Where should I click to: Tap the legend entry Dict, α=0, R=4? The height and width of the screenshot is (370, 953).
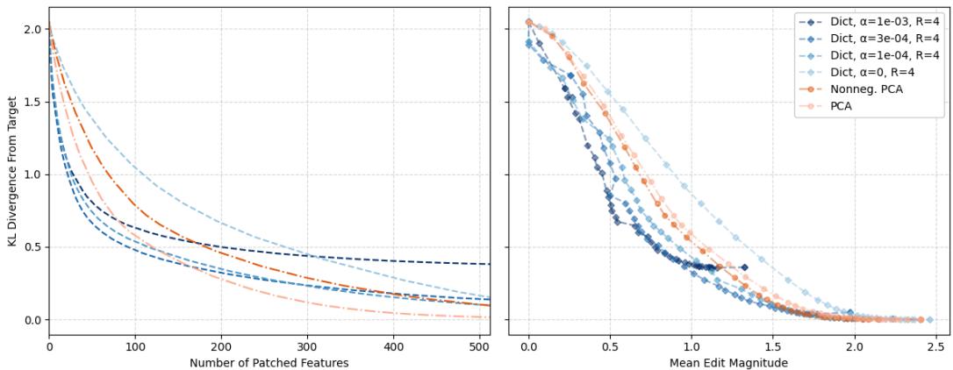click(x=878, y=72)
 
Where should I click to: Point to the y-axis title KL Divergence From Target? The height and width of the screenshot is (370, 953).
click(x=11, y=171)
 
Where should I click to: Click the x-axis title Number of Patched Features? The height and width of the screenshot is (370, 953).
click(x=269, y=363)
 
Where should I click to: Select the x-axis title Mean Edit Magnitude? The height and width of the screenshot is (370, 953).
click(x=728, y=363)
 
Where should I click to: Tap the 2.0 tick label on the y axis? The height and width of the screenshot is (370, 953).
click(x=32, y=29)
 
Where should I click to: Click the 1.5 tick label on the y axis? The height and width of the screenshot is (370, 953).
click(x=32, y=102)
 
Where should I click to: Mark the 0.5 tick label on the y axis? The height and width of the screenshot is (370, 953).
click(x=32, y=247)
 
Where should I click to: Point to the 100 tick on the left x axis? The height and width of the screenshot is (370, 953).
click(x=134, y=346)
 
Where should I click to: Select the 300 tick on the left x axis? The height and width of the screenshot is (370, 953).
click(x=307, y=346)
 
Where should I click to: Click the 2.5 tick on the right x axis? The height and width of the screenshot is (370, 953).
click(x=935, y=346)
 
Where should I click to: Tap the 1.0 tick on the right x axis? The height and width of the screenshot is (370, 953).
click(x=691, y=346)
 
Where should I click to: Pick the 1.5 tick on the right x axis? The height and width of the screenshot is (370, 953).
click(x=773, y=346)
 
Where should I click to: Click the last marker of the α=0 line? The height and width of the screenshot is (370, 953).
click(x=929, y=320)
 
